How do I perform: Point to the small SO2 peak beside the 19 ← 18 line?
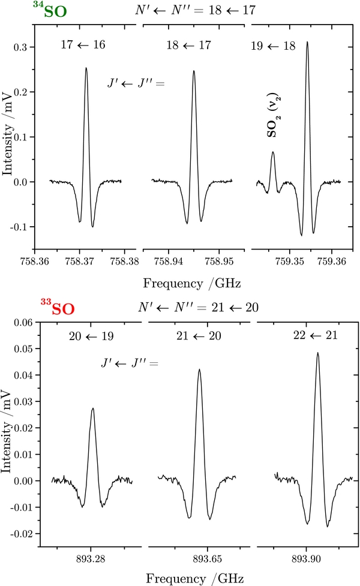[273, 152]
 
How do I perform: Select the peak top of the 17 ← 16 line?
[86, 68]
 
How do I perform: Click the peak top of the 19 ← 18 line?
[307, 43]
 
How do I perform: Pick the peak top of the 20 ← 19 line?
[93, 409]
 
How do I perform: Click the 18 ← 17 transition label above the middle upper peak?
[193, 46]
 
